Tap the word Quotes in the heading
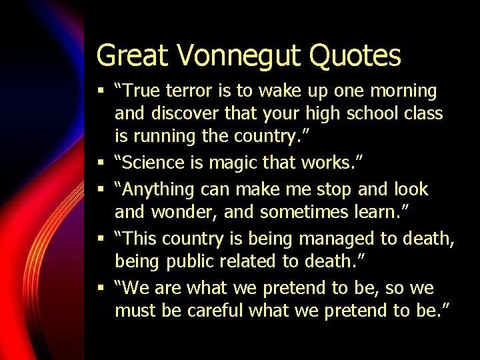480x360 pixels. pyautogui.click(x=358, y=56)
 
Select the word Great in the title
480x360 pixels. pyautogui.click(x=131, y=56)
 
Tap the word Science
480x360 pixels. pyautogui.click(x=155, y=163)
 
